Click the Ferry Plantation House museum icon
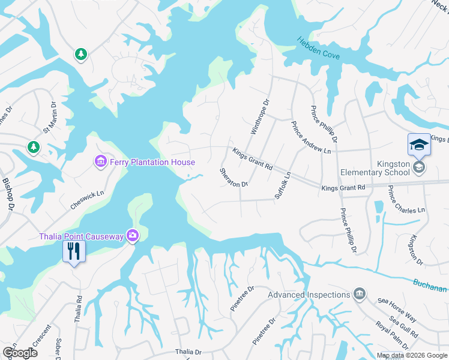100,162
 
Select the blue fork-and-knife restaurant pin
74,251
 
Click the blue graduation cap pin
418,145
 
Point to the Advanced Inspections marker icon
359,295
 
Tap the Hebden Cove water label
318,49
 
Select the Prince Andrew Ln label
310,138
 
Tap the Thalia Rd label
78,309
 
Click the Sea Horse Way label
397,309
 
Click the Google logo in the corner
20,353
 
